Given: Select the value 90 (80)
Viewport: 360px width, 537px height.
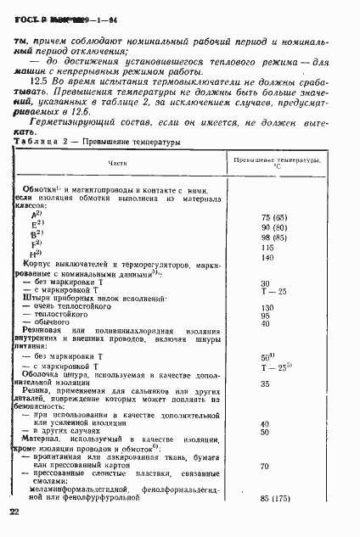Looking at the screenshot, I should [273, 227].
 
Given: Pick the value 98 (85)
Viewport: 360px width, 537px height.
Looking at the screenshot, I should [273, 237].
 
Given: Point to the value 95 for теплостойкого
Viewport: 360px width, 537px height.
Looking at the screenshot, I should [265, 316].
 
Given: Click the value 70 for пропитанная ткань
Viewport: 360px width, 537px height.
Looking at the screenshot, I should [265, 466].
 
